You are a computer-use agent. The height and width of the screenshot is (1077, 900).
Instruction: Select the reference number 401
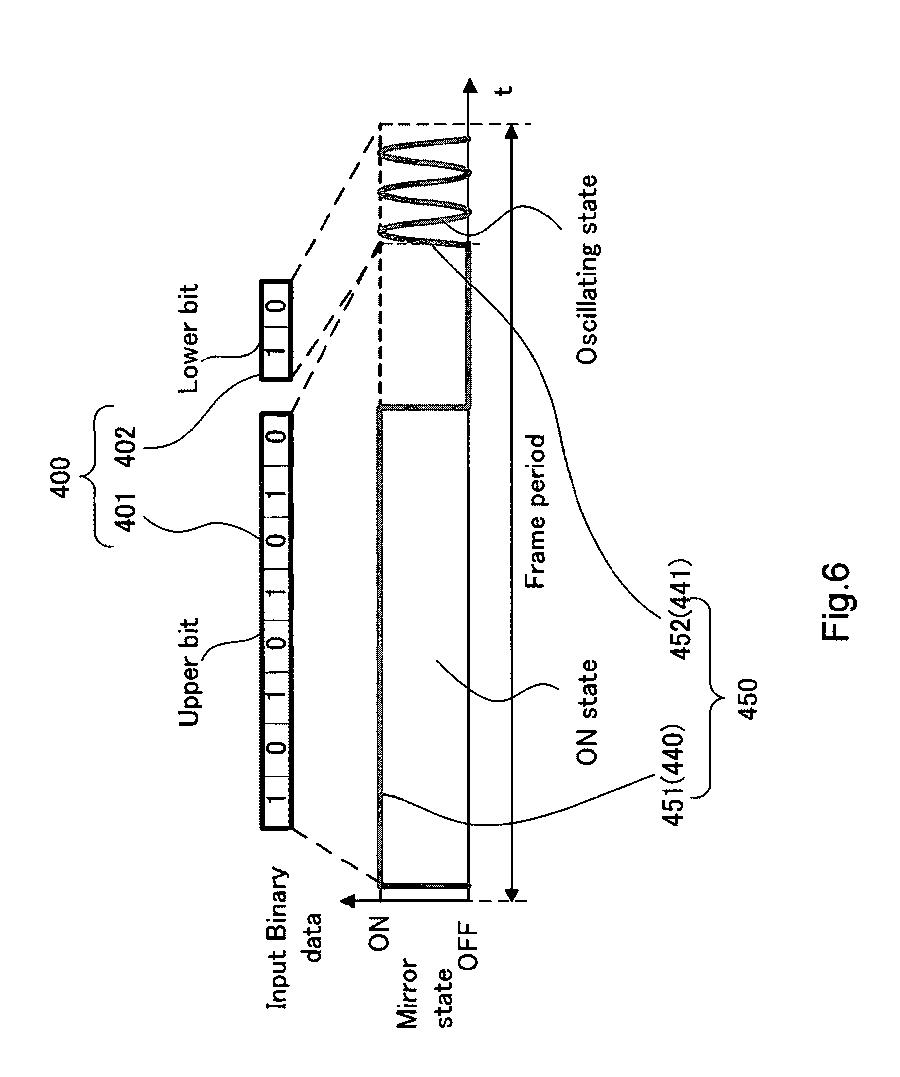[x=125, y=512]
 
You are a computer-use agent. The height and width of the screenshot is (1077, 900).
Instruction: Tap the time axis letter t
[x=505, y=90]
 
